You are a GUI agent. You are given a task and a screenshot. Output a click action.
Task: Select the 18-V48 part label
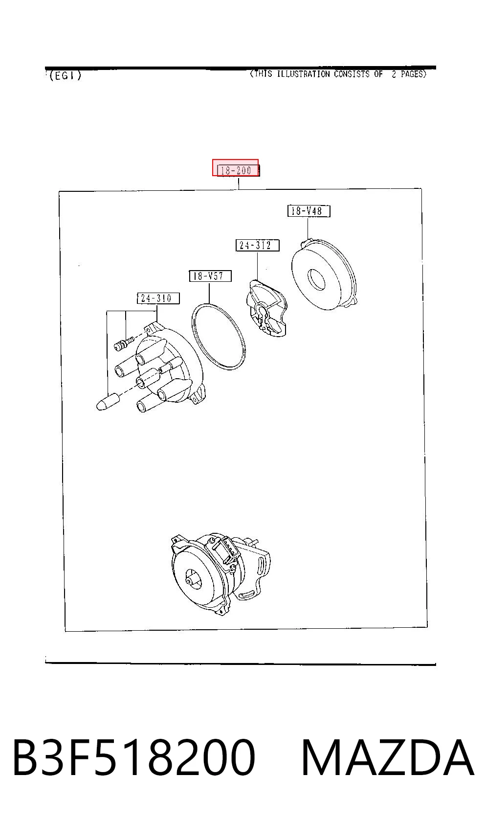coord(309,211)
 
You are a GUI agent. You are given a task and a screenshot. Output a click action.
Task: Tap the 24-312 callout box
coord(257,245)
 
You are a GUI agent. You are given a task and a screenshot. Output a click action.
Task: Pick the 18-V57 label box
coord(210,276)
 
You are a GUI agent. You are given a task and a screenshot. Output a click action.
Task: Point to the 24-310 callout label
coord(158,298)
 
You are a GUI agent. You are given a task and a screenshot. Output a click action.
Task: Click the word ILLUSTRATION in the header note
coord(303,74)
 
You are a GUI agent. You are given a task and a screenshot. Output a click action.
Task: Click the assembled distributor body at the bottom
coord(220,574)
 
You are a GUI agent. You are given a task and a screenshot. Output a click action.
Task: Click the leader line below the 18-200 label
coord(239,183)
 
